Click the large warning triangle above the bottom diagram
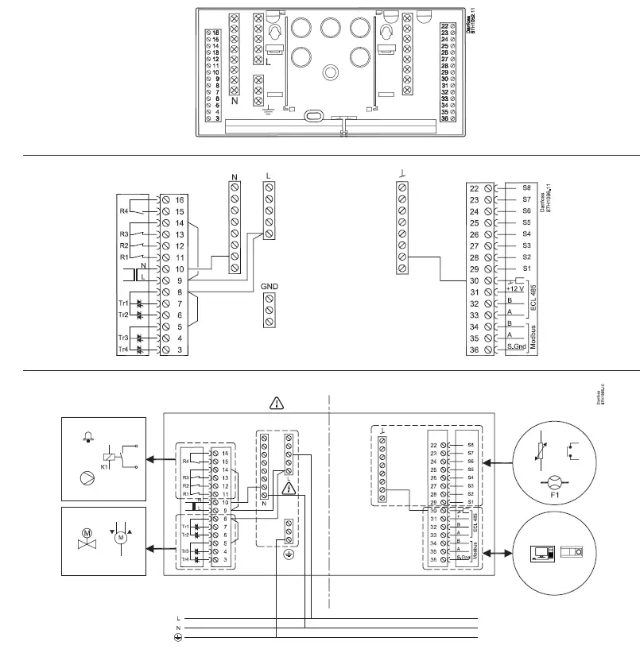[275, 403]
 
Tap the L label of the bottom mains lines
[178, 616]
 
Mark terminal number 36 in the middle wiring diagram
[474, 350]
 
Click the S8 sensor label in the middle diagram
[526, 189]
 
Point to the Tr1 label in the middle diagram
[123, 303]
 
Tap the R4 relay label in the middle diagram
[123, 211]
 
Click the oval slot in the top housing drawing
[314, 116]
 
